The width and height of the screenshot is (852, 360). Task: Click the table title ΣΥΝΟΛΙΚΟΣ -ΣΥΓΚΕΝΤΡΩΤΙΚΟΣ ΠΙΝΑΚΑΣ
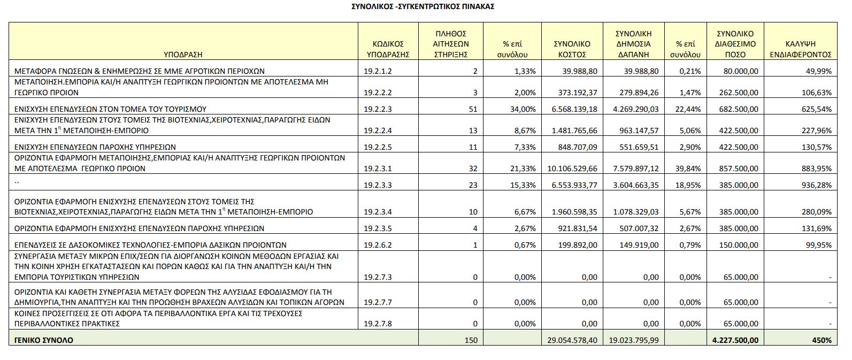point(423,6)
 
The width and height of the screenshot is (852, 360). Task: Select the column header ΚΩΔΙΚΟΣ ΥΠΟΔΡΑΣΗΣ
point(388,49)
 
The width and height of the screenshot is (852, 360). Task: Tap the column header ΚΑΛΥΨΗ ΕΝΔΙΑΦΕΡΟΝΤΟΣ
point(801,49)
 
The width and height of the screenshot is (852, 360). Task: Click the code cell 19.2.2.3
point(378,109)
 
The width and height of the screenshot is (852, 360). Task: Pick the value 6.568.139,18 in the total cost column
point(574,109)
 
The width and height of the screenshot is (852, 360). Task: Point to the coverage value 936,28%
point(817,185)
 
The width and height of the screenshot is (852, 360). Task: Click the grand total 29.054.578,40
point(572,340)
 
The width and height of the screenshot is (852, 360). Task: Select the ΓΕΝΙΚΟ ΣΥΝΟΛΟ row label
point(44,340)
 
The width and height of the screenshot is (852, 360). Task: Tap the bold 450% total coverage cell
point(822,340)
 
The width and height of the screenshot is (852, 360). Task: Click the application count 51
point(473,109)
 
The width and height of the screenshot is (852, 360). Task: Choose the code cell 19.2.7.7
point(378,303)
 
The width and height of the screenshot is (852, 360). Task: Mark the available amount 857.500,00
point(739,168)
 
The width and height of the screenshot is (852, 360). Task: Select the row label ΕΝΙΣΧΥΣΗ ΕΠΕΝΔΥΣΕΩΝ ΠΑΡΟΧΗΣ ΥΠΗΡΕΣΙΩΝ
point(95,147)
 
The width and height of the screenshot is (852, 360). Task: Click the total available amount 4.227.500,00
point(735,340)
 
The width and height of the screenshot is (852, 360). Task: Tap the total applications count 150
point(471,340)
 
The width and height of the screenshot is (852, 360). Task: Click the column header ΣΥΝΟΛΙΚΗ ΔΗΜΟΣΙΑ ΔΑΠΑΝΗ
point(633,44)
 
